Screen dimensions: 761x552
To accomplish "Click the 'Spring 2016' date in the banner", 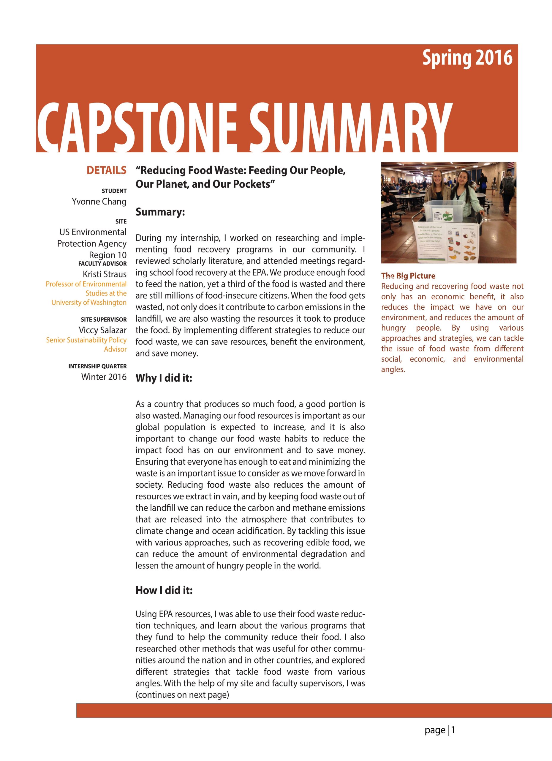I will click(467, 58).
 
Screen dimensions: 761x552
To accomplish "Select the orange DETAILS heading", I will click(106, 170).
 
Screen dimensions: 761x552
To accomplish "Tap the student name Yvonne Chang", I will click(99, 202).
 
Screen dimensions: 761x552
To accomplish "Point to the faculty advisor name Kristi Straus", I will click(105, 274).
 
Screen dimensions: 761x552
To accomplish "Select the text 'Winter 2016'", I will click(104, 377).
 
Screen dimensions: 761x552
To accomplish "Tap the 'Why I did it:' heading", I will click(164, 378).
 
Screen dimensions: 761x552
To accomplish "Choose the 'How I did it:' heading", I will click(164, 590).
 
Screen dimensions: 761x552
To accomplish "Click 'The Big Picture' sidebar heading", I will click(408, 276).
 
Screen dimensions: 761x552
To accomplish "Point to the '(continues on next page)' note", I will click(182, 695).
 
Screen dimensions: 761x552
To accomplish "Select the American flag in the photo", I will click(511, 165).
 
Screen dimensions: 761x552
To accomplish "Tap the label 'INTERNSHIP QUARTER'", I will click(97, 367).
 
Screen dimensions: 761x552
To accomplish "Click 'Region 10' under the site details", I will click(107, 255).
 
